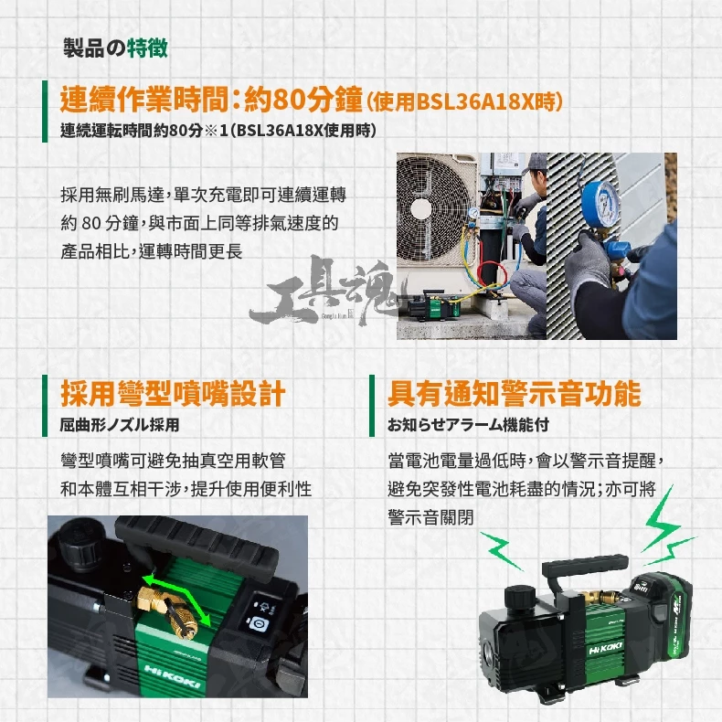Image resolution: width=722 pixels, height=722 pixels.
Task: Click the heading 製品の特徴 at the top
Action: tap(115, 48)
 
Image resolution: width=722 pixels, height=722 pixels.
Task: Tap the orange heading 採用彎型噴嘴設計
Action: tap(173, 394)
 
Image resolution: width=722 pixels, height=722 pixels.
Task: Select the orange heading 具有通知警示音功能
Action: tap(515, 394)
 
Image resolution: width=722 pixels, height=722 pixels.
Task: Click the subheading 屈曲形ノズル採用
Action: tap(120, 425)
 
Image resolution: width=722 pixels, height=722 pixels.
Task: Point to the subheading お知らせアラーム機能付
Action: tap(468, 425)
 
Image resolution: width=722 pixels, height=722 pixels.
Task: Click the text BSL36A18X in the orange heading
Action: tap(474, 101)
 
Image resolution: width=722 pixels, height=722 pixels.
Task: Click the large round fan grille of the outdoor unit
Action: tap(430, 210)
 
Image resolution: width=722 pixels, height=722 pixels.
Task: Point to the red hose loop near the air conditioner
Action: tap(493, 275)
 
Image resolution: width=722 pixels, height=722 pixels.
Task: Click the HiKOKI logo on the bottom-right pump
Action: tap(606, 647)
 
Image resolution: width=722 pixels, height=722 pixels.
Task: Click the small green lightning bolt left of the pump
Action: tap(501, 550)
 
